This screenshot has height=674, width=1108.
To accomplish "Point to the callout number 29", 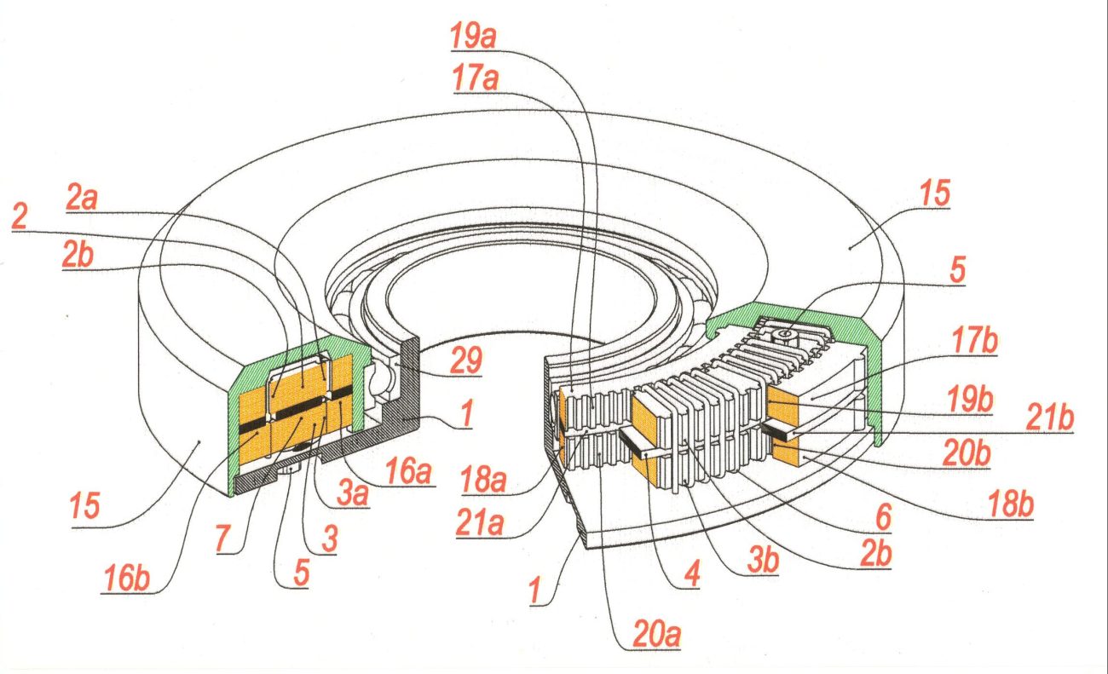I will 465,360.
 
